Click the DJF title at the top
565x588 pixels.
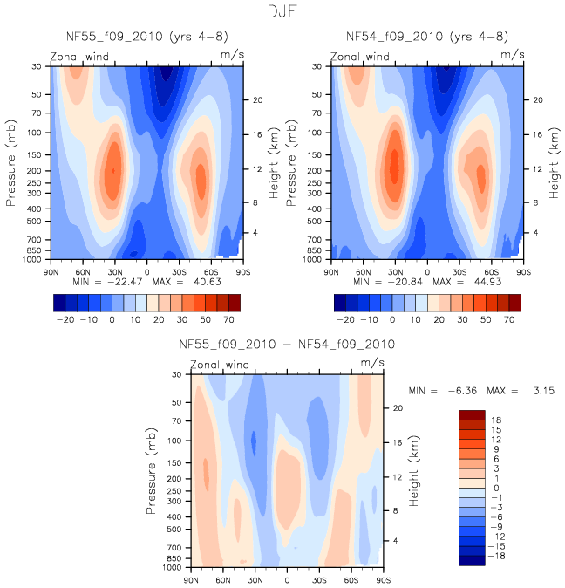click(282, 12)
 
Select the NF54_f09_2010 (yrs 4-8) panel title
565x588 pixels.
click(427, 37)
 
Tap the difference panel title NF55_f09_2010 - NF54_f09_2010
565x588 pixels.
click(287, 345)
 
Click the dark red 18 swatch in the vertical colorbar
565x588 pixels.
click(471, 415)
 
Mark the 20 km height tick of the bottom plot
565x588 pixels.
click(394, 407)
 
